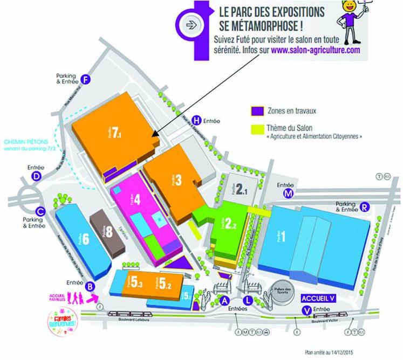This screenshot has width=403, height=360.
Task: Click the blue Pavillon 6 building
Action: coord(81,237)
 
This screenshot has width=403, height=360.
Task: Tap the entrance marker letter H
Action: coord(197,120)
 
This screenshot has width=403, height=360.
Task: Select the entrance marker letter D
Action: coord(37,176)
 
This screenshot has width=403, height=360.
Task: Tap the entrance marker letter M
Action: coord(289,194)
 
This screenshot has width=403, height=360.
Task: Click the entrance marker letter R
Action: coord(365,206)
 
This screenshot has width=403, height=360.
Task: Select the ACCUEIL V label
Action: coord(317,297)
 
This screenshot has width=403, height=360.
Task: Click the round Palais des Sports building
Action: coord(282,287)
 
